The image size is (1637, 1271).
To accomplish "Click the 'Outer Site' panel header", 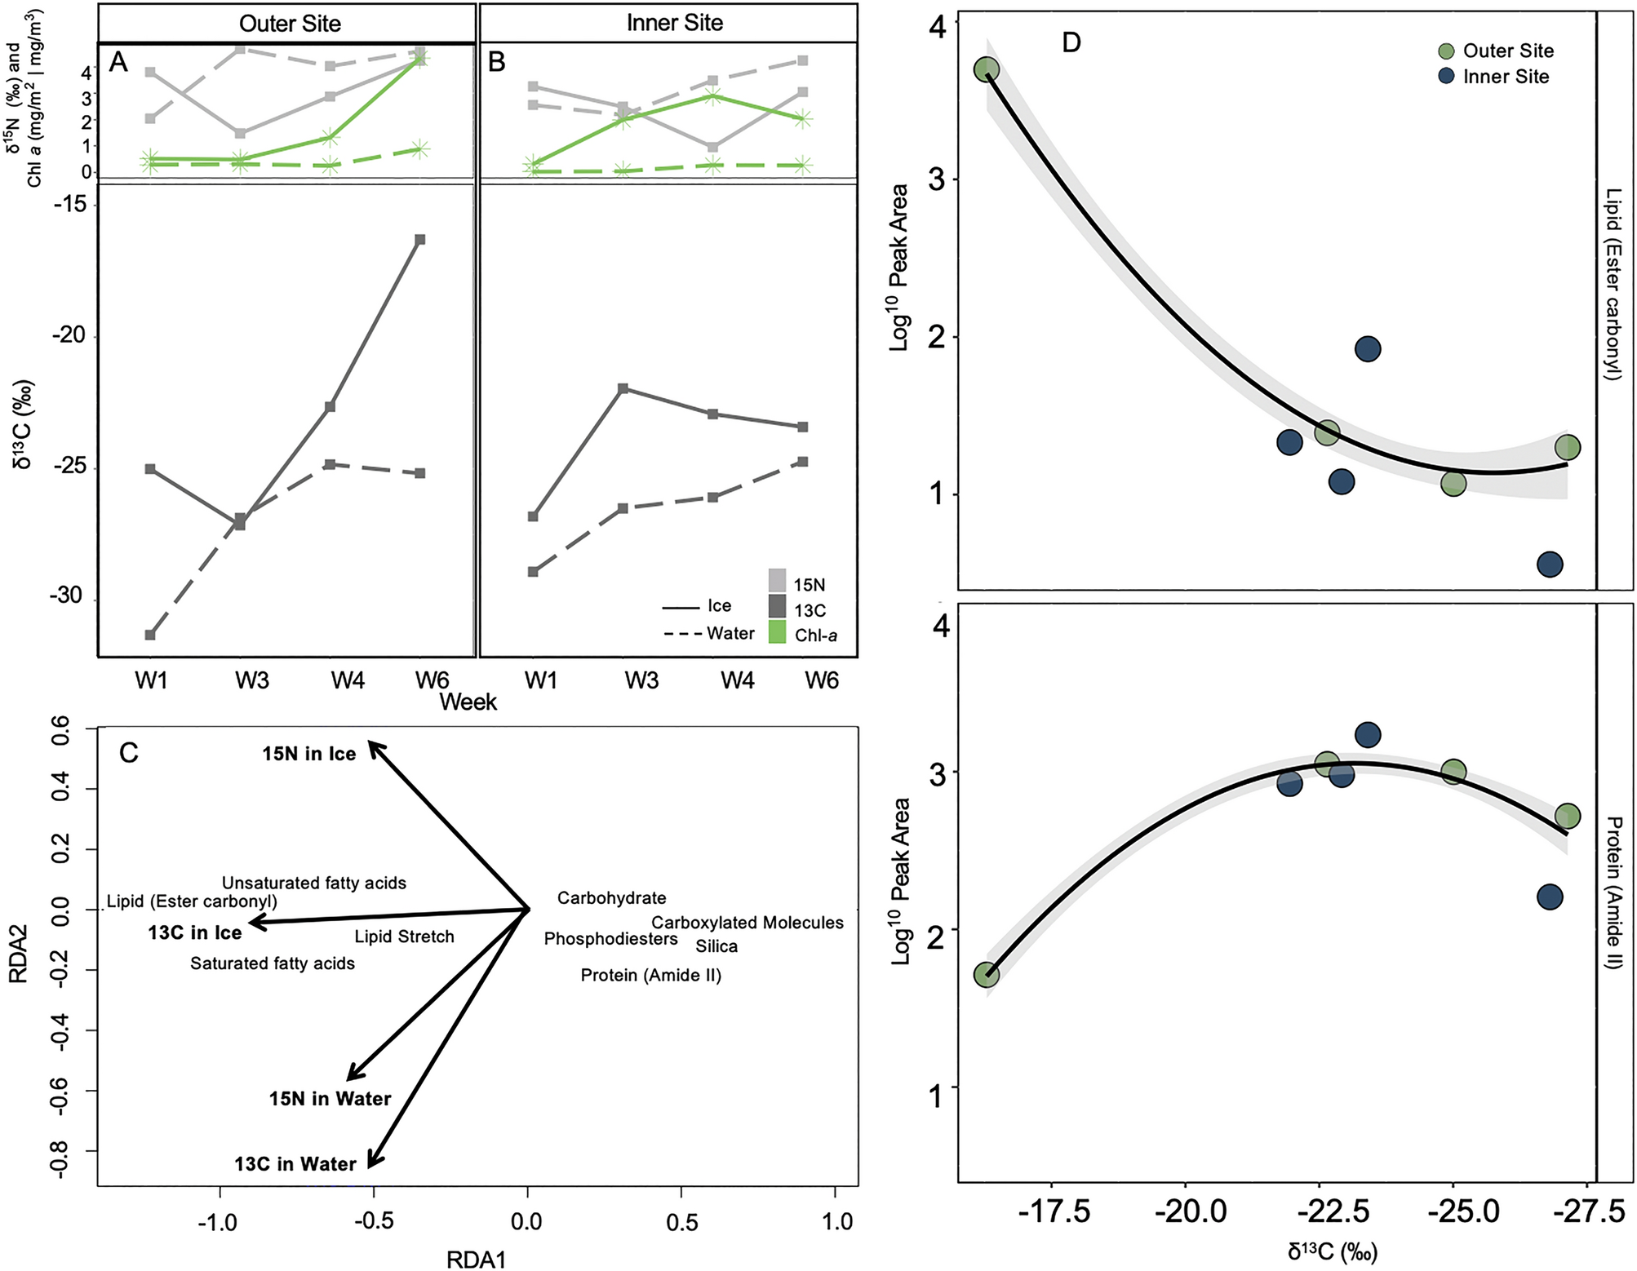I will point(289,23).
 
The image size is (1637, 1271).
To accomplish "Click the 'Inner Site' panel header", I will point(674,23).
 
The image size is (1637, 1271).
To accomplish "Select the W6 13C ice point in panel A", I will point(419,239).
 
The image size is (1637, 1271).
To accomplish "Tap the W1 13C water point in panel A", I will point(150,635).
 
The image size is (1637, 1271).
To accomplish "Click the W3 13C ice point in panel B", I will point(623,388).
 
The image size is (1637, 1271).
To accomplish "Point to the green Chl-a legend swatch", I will point(777,633).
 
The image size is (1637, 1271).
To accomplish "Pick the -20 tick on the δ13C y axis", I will point(69,335).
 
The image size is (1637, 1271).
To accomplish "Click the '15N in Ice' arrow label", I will point(308,754).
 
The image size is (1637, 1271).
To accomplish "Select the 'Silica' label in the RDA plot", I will point(716,946).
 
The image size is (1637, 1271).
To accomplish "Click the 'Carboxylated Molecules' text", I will point(747,923).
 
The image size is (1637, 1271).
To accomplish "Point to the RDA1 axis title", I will point(477,1259).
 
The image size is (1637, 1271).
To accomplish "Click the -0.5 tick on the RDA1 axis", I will point(374,1221).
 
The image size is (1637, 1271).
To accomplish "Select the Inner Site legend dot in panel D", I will point(1447,77).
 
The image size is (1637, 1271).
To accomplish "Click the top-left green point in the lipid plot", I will point(987,70).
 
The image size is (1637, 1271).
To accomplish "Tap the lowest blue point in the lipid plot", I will point(1550,564).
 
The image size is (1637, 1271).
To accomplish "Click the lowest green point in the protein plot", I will point(987,973).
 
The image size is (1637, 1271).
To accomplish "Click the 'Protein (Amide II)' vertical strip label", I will point(1613,892).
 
